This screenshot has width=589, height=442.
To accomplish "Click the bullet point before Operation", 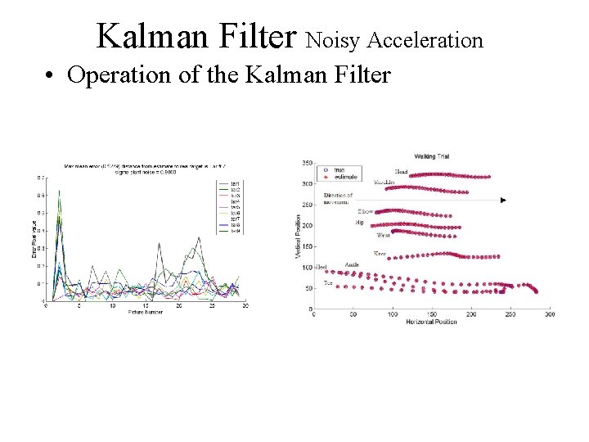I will [51, 76].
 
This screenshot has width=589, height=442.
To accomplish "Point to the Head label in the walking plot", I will [401, 172].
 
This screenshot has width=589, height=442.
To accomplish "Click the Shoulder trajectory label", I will [385, 182].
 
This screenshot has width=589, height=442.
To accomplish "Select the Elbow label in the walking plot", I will [365, 211].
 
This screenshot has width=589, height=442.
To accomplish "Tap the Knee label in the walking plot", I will [380, 253].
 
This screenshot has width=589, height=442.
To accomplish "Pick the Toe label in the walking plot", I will [328, 282].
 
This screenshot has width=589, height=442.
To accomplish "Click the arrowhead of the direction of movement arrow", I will [503, 200].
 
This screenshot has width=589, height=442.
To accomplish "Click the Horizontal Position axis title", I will [431, 322].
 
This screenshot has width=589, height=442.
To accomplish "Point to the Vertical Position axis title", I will [298, 237].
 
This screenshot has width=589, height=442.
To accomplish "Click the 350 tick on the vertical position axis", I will [307, 163].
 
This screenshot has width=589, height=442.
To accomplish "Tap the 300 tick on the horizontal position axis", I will [549, 314].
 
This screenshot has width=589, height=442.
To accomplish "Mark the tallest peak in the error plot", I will [59, 192].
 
